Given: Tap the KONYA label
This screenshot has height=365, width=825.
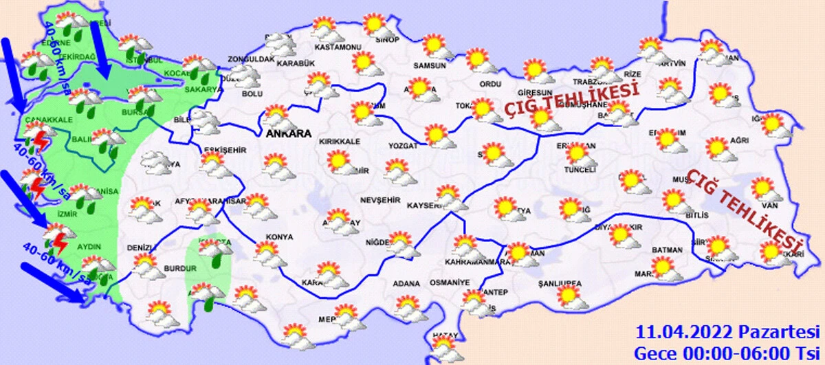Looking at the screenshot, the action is pos(279,236).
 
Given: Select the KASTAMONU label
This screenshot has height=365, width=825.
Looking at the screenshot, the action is pos(338,47).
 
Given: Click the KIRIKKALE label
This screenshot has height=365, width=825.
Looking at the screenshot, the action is pos(339,141).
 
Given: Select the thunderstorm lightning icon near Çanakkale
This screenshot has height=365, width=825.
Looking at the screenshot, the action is pos(42,140).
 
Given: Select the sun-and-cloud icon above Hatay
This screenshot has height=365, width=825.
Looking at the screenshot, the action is pos(445,345).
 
